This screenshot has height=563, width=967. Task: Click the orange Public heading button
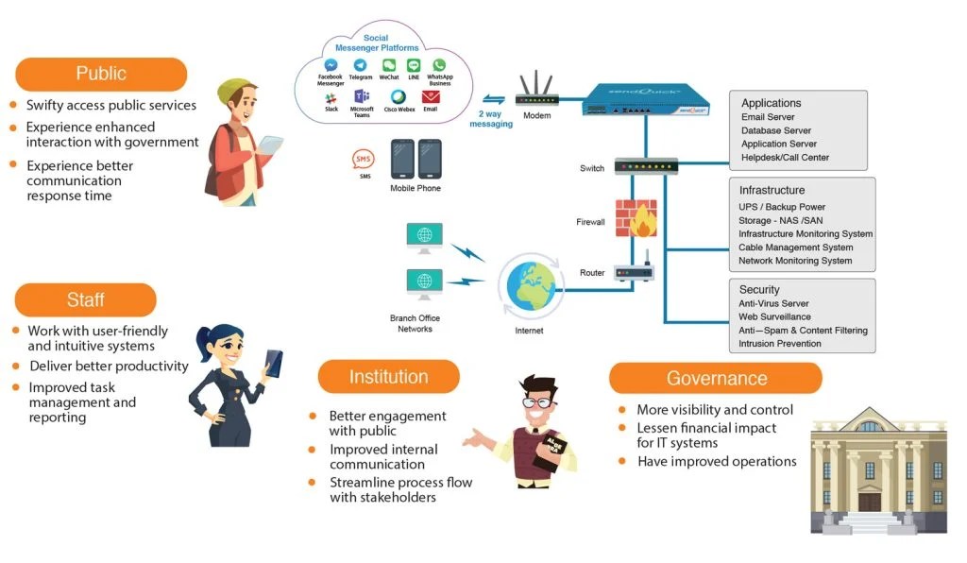[x=101, y=74]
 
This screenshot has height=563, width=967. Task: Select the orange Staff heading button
[x=85, y=299]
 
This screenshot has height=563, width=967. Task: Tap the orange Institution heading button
[x=388, y=377]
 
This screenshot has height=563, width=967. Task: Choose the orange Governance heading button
[x=716, y=378]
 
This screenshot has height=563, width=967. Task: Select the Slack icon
[x=331, y=97]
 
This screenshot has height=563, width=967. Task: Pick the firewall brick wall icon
[x=634, y=218]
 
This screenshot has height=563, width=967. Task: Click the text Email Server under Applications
[x=768, y=117]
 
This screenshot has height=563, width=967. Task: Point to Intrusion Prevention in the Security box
[x=779, y=344]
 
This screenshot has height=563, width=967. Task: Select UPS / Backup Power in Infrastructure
[x=782, y=207]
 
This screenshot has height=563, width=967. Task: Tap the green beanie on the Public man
[x=234, y=92]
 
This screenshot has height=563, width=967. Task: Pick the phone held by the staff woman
[x=274, y=361]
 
